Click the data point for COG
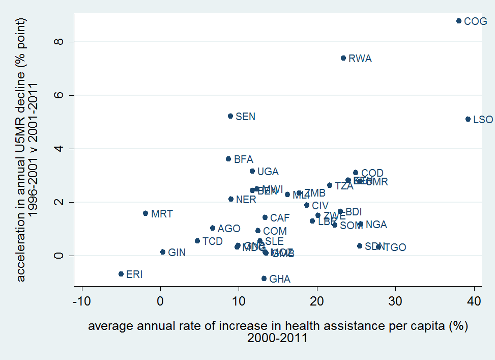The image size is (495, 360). (x=459, y=21)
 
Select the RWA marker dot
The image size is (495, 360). (x=343, y=58)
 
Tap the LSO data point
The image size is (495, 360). (x=468, y=119)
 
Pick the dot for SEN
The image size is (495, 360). (x=230, y=116)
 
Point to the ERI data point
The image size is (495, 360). (x=121, y=274)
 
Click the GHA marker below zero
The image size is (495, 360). (x=264, y=279)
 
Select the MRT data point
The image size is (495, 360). (x=145, y=213)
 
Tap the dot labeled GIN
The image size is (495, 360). (x=163, y=252)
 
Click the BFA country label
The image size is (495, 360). (x=243, y=159)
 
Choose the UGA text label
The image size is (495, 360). (x=268, y=172)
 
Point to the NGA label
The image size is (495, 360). (x=376, y=225)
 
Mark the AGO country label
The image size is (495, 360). (x=228, y=229)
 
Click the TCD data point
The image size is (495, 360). (x=197, y=241)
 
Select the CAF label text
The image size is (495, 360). (x=279, y=218)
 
